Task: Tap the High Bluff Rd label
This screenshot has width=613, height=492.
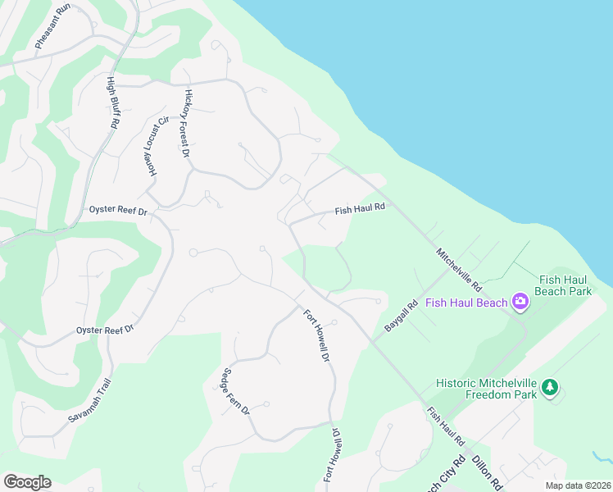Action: [113, 102]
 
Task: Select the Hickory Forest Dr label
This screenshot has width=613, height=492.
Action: [187, 124]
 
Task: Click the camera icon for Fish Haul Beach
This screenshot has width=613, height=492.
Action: [520, 303]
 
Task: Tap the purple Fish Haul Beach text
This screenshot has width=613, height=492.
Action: [466, 303]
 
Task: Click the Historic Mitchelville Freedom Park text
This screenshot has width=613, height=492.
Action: [487, 389]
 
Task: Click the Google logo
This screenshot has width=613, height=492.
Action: [27, 482]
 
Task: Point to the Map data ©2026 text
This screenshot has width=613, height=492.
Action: [578, 485]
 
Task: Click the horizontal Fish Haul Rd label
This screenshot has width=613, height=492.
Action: [360, 210]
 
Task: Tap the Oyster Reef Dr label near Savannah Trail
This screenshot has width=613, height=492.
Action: [105, 330]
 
